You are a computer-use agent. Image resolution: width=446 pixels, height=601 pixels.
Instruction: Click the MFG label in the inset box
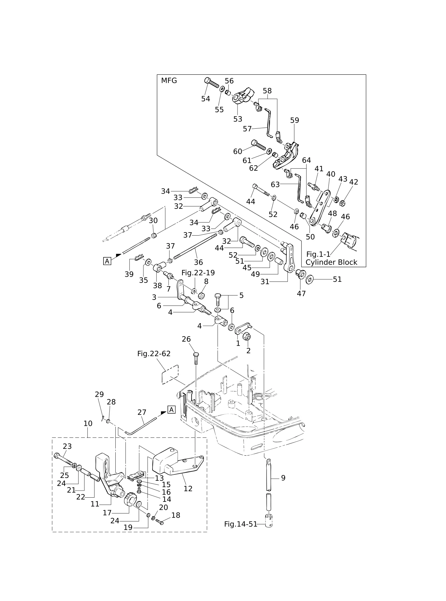point(169,80)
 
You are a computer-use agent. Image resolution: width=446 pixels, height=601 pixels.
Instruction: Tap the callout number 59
point(294,120)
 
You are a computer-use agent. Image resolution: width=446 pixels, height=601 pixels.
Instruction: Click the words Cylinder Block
point(331,262)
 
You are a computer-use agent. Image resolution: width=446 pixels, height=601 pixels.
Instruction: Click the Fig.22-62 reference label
point(154,354)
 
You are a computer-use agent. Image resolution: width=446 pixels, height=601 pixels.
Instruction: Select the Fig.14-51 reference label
point(241,524)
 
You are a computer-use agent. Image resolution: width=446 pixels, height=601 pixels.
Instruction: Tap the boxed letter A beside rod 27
point(171,410)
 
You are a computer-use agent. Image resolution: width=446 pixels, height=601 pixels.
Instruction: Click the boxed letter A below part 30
point(107,261)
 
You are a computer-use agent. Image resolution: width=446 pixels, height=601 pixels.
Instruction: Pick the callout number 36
point(198,262)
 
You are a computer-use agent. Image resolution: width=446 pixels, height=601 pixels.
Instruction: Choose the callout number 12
point(188,488)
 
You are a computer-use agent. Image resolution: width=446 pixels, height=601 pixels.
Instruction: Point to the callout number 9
point(283,478)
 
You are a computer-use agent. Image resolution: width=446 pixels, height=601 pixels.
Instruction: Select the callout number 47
point(301,294)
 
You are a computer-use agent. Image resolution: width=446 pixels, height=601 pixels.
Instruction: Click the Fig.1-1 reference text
point(318,254)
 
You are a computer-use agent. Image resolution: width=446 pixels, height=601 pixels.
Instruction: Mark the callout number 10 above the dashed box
point(88,423)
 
